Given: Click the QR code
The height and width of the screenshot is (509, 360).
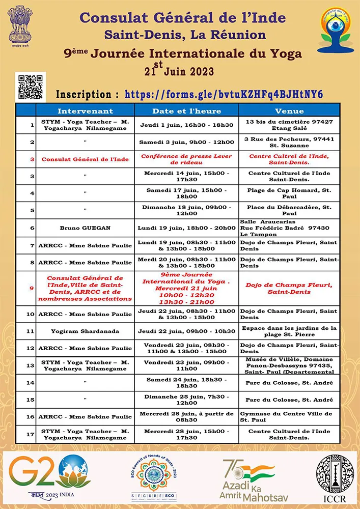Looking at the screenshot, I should tap(31, 87).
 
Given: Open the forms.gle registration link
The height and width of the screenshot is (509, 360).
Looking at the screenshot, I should tap(216, 94).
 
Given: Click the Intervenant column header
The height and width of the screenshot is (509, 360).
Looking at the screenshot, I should tap(85, 110).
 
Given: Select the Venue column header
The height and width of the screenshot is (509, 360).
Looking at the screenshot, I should tap(289, 110).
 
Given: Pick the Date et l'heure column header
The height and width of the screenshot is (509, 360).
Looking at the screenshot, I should tap(187, 110).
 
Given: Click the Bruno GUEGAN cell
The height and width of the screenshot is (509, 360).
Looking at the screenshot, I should tap(85, 228).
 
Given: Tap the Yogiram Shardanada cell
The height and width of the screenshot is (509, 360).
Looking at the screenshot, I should tap(85, 331).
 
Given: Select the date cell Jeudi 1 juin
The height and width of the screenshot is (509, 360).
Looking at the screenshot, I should tap(187, 125).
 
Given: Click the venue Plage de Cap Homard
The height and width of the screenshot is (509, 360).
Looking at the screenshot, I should tap(289, 193).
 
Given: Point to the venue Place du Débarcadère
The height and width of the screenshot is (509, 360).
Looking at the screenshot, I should tap(289, 211).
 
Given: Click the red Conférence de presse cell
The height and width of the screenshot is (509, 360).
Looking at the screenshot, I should tap(187, 159).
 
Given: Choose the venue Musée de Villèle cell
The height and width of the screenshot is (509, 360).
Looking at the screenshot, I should tap(289, 365).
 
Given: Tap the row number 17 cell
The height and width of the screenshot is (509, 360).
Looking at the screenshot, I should tap(32, 434).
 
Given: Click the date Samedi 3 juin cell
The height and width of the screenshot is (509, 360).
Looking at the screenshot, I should tap(187, 142).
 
